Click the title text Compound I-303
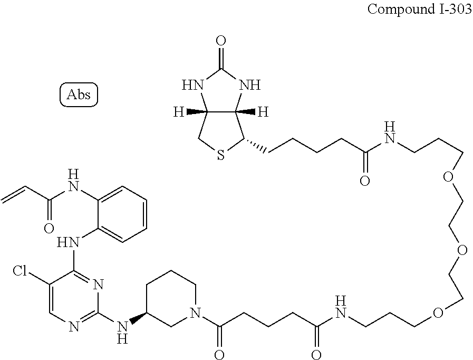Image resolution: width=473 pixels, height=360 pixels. (x=419, y=10)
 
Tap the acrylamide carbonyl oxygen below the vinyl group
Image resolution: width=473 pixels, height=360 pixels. (x=49, y=228)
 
